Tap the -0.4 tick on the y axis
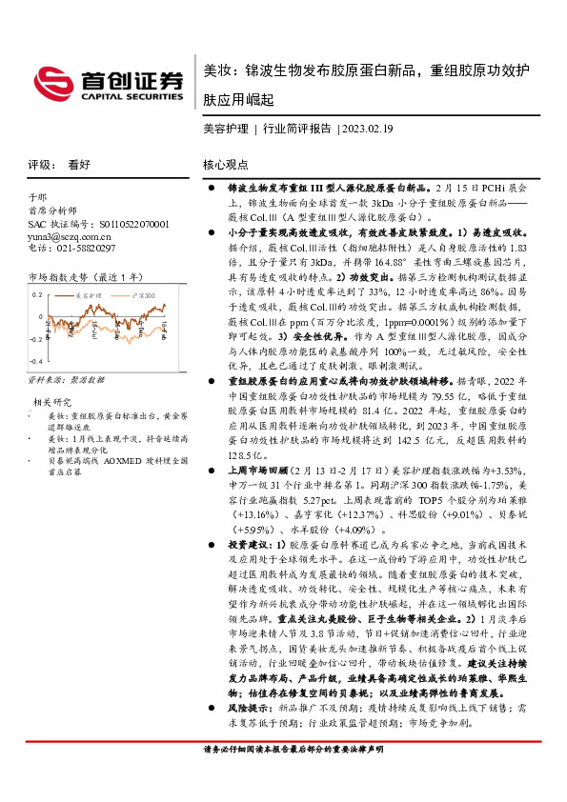coord(36,362)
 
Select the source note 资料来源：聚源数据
coord(66,379)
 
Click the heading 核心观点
coord(226,164)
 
